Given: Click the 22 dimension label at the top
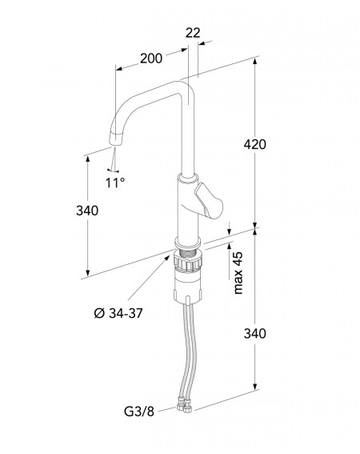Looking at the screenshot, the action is click(x=193, y=33).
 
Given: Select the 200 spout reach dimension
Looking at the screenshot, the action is click(x=151, y=58).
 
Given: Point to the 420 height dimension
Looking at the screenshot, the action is click(x=254, y=144).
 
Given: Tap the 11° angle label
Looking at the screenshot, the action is click(x=114, y=183).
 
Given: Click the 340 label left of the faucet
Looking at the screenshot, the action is click(x=87, y=211).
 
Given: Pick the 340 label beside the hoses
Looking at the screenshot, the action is click(x=254, y=334).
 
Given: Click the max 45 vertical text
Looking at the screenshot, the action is click(x=238, y=273).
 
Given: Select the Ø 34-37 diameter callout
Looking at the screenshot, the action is click(x=118, y=313).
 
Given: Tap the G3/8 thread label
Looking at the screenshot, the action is click(x=139, y=411).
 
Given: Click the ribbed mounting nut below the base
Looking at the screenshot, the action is click(x=188, y=260).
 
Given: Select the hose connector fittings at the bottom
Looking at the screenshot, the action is click(x=184, y=405).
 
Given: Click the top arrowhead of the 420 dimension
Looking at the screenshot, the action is click(x=254, y=62).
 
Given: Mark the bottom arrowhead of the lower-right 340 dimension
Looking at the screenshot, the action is click(x=254, y=387).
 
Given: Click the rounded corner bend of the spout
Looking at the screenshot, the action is click(x=186, y=86).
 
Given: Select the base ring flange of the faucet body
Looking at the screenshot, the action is click(x=187, y=243).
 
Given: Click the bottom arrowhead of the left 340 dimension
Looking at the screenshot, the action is click(x=88, y=273).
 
